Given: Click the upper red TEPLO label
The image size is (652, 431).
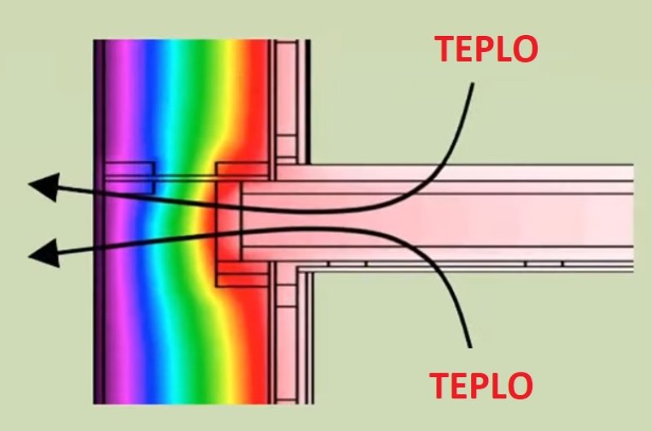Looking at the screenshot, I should [486, 50].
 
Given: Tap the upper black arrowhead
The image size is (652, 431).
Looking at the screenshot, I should [44, 188].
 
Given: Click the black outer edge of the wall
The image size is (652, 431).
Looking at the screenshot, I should [97, 326].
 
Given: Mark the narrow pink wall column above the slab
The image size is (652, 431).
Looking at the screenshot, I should [287, 98].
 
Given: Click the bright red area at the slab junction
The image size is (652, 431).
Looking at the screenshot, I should [228, 220].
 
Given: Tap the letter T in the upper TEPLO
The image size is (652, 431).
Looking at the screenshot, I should [446, 50].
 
